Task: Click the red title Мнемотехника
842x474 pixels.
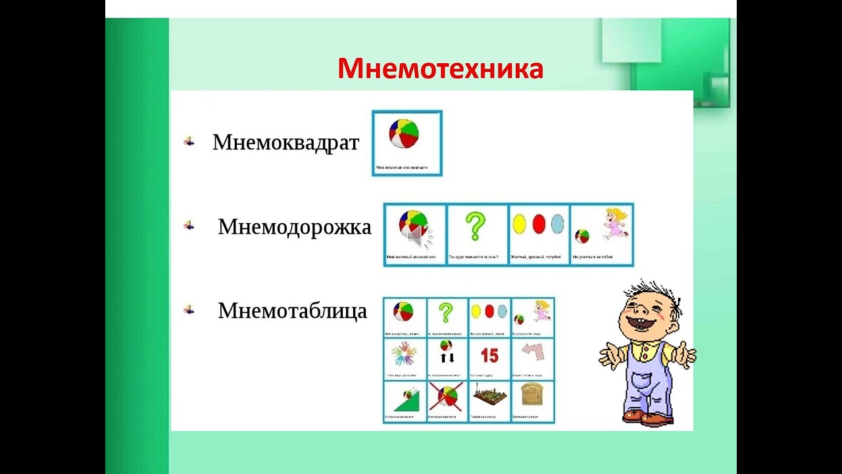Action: click(440, 68)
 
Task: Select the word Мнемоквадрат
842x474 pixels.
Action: click(285, 142)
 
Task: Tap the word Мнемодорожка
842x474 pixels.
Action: click(294, 227)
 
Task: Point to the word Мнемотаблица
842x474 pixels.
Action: click(292, 311)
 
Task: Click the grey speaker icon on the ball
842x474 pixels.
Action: click(416, 236)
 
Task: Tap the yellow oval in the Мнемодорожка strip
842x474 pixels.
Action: click(519, 224)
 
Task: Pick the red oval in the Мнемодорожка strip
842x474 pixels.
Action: click(539, 224)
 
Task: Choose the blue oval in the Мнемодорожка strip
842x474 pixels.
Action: click(558, 224)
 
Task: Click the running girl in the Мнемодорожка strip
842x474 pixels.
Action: click(616, 224)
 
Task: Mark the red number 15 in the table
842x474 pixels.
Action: click(489, 356)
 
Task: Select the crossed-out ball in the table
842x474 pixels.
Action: click(446, 397)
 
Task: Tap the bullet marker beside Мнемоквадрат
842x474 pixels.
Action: click(189, 142)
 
